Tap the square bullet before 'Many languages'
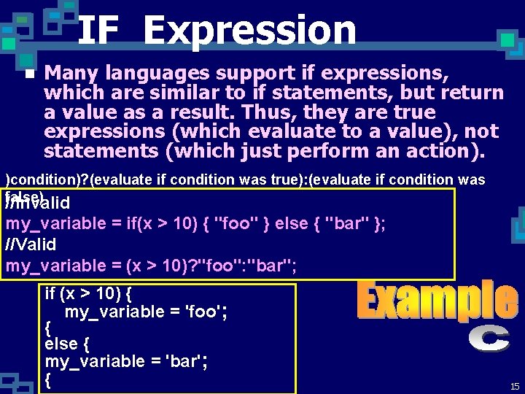[x=29, y=74]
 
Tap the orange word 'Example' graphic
[x=437, y=301]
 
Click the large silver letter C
[x=489, y=340]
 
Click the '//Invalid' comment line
[x=38, y=203]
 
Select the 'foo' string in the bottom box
[x=203, y=312]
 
